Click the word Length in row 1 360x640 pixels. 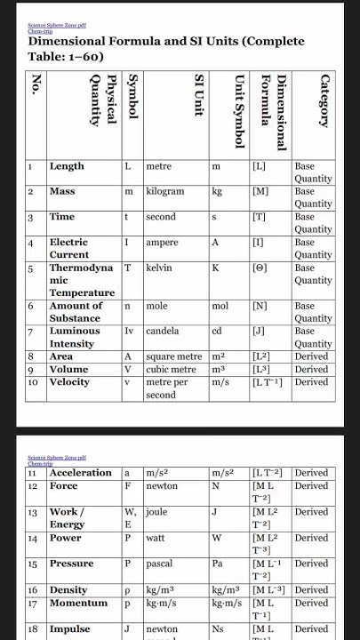coord(67,166)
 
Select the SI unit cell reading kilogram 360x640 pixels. coord(164,191)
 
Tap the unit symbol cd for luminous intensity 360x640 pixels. coord(217,331)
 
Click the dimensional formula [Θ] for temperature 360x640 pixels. coord(260,268)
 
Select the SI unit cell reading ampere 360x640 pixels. coord(162,242)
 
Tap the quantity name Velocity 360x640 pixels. coord(69,382)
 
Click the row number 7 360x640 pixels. coord(30,331)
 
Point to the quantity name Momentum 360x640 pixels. coord(78,604)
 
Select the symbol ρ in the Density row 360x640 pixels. coord(127,589)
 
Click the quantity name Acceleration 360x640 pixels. coord(81,473)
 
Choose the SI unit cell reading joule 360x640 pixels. coord(159,512)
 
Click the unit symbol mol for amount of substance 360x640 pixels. coord(220,306)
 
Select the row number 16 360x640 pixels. coord(32,589)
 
